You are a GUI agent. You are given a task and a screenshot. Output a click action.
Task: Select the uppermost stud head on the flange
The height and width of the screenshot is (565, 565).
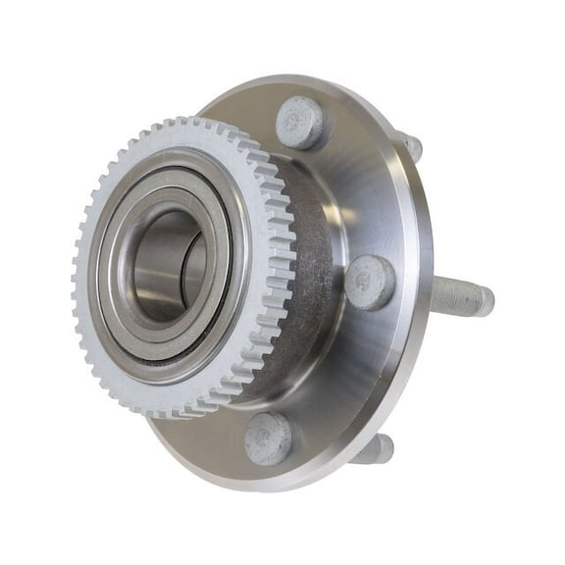point(300,122)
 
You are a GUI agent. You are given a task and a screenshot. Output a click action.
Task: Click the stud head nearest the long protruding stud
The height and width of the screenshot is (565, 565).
point(369,282)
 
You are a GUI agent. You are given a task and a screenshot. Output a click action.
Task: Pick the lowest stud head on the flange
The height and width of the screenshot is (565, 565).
point(269,437)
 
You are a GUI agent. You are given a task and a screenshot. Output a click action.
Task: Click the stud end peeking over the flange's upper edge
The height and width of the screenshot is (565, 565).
point(411,146)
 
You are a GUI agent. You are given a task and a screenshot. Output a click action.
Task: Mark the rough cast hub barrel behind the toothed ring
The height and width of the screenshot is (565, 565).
point(312,284)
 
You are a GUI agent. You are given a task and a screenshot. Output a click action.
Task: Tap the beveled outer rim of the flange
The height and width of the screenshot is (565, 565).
point(416,324)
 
